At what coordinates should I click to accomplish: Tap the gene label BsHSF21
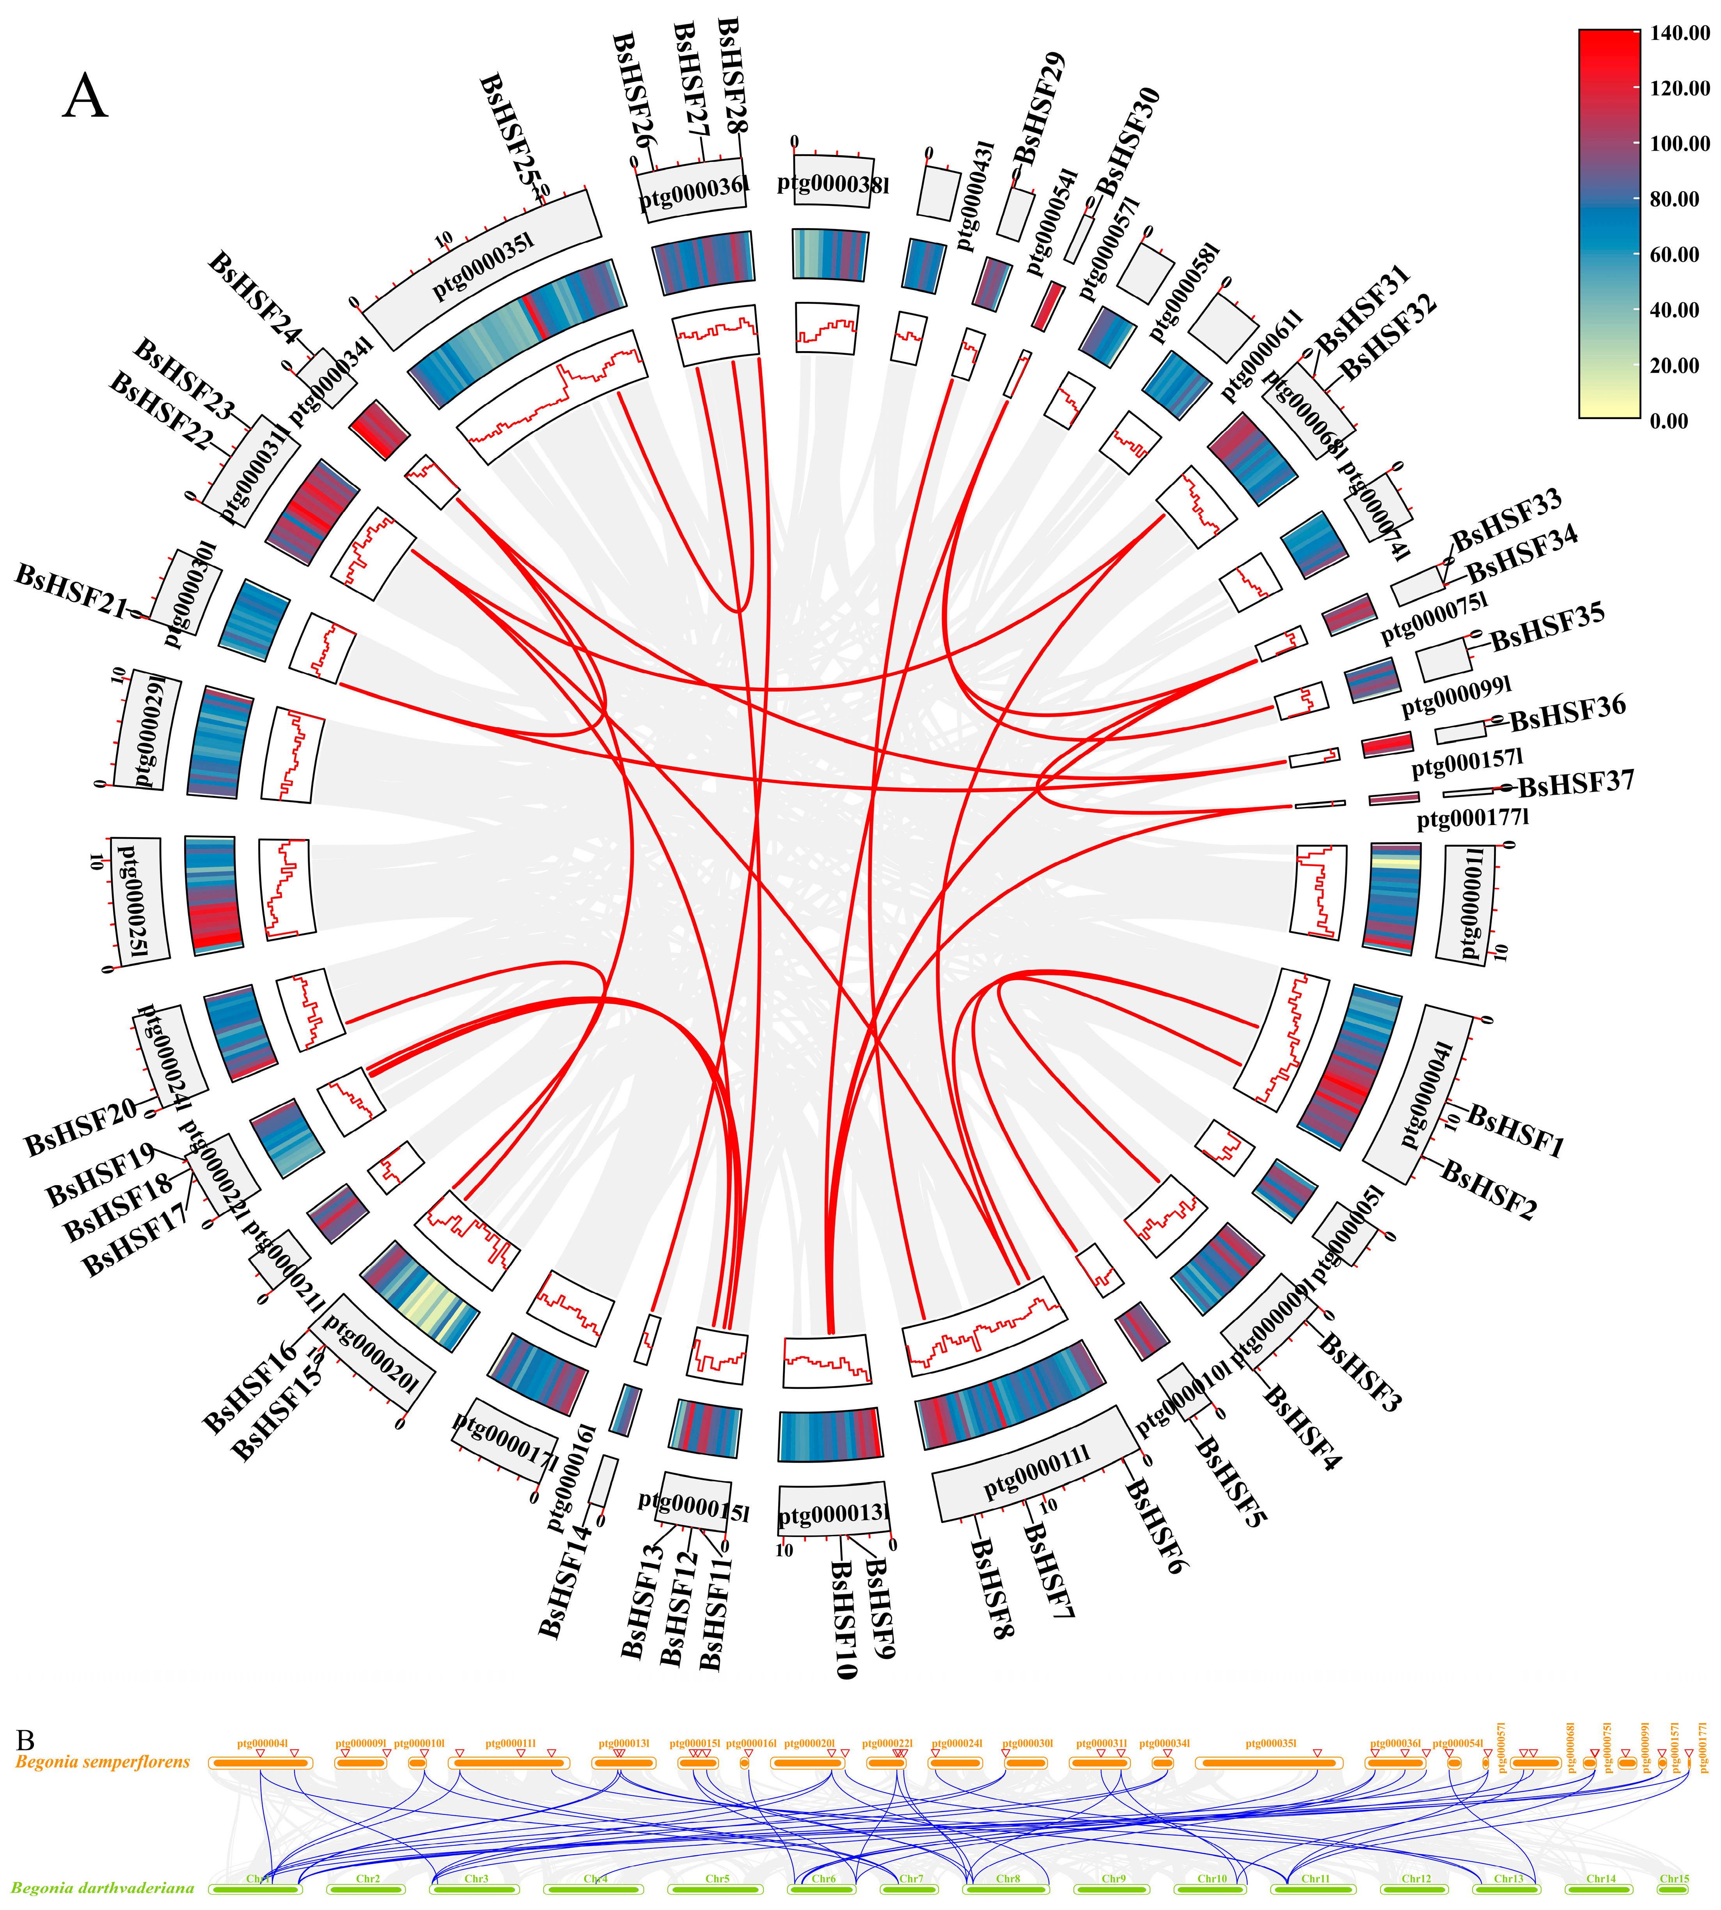coord(71,591)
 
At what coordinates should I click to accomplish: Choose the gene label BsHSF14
coord(566,1584)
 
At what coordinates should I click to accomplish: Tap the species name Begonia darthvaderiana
coord(102,1888)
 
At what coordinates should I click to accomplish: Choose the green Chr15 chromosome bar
coord(1674,1889)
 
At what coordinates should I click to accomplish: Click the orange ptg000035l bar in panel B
coord(1269,1763)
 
